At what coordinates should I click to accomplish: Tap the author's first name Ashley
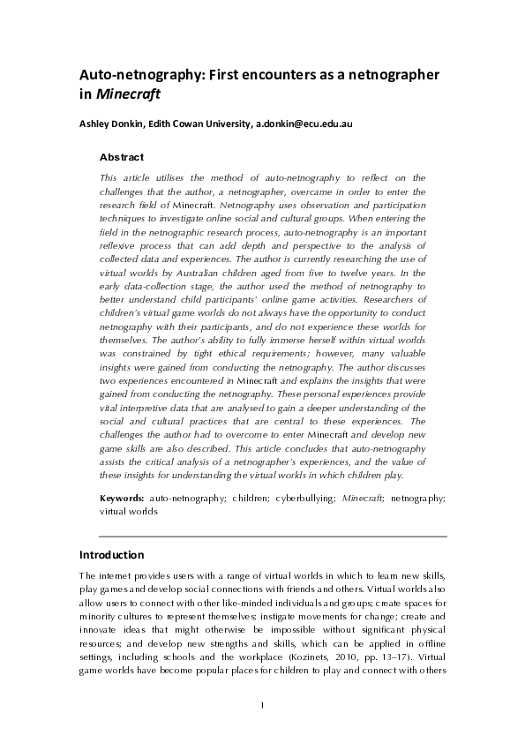click(x=97, y=124)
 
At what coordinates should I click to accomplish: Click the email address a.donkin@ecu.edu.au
click(x=304, y=124)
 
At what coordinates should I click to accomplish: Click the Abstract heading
click(x=122, y=156)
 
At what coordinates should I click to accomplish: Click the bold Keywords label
click(x=123, y=499)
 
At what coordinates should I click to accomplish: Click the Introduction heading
click(x=112, y=556)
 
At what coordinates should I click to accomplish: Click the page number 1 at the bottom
click(x=263, y=704)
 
